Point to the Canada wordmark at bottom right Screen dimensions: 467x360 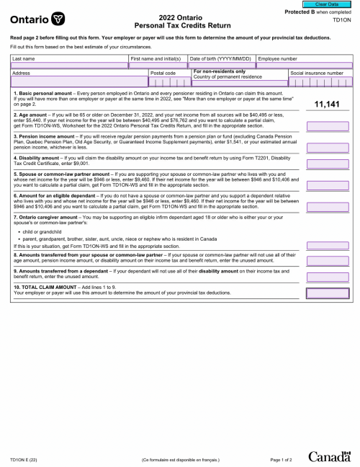pyautogui.click(x=330, y=457)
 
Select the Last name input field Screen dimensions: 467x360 pyautogui.click(x=69, y=65)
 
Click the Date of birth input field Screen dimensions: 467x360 pyautogui.click(x=221, y=65)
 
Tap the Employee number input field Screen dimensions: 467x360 pyautogui.click(x=305, y=65)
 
